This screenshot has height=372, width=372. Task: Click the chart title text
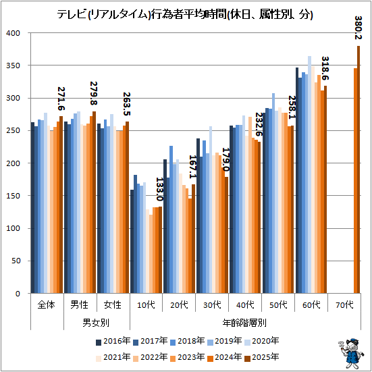185,15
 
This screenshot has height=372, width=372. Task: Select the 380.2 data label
358,28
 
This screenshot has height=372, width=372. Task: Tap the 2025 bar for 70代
358,169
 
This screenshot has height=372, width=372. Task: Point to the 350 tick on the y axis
14,65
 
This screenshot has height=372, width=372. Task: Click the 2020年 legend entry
262,341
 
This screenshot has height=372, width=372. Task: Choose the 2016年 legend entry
113,341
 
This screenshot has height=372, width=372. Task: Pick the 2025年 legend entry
262,357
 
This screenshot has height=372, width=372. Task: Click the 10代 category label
146,304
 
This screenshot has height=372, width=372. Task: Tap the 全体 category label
47,304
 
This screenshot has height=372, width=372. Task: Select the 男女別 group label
96,323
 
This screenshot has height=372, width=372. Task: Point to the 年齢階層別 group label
244,323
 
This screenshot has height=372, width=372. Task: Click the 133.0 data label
159,189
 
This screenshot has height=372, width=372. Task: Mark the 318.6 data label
325,68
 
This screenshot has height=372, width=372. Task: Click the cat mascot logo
350,354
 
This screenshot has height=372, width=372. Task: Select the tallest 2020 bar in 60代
309,175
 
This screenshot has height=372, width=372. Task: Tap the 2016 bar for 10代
132,242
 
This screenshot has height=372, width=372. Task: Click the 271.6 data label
61,99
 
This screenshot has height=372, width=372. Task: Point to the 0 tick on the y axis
18,294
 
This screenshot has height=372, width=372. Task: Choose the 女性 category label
113,304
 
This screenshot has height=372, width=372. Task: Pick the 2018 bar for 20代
171,219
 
